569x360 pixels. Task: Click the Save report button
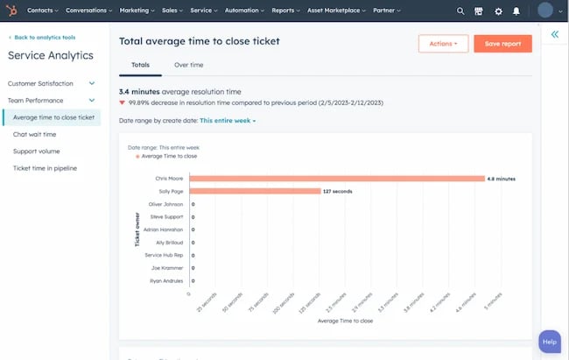pos(502,44)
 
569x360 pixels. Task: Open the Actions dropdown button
pos(443,44)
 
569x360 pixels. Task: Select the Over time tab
pos(188,65)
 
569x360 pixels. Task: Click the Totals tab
pos(140,65)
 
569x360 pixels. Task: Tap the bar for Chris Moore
pos(337,178)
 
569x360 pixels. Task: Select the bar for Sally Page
pos(255,191)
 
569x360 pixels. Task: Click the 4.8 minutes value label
pos(501,178)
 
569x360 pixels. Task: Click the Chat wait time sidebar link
pos(35,134)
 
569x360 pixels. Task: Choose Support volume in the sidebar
pos(37,151)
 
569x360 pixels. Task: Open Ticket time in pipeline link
pos(46,168)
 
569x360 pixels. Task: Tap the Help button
pos(549,342)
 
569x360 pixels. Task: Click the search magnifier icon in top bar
pos(460,11)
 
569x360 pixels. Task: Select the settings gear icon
pos(498,11)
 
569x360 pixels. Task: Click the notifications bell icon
pos(516,11)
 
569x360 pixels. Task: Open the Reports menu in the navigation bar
pos(285,11)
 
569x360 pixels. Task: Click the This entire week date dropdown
pos(228,120)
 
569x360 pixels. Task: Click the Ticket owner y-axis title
pos(137,230)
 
